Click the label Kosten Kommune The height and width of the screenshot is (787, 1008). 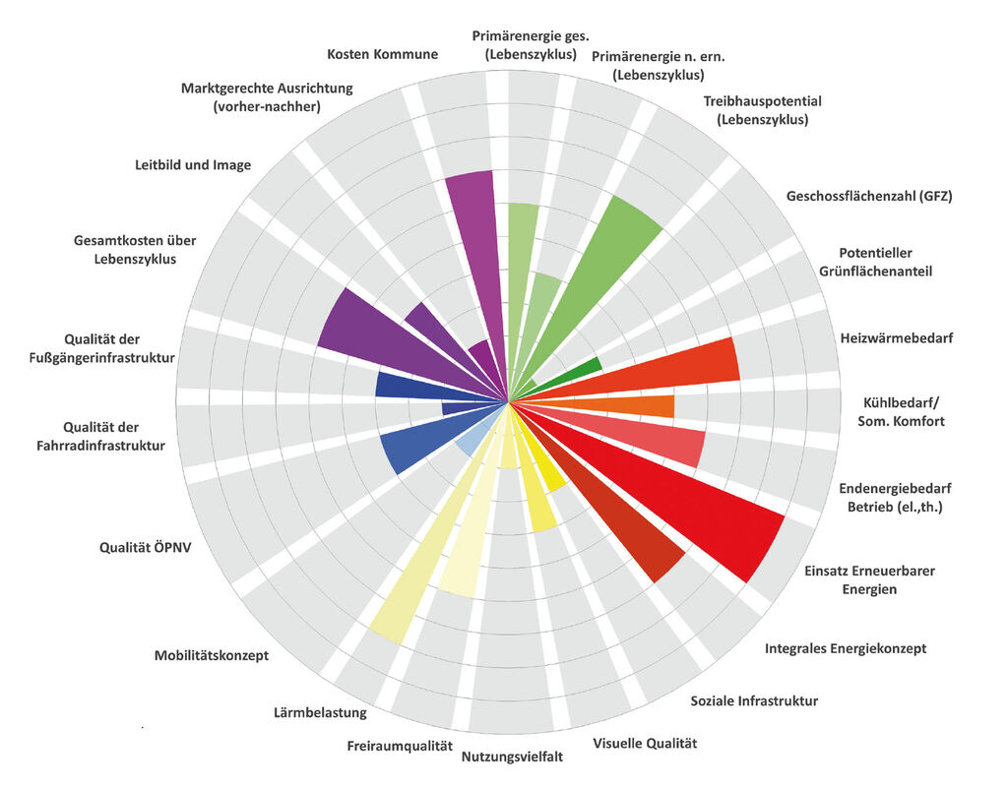(382, 54)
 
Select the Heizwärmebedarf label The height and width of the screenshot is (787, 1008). (896, 338)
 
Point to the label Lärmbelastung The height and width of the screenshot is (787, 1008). (320, 712)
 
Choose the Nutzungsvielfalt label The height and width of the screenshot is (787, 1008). (512, 757)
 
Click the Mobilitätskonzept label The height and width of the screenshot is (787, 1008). (212, 655)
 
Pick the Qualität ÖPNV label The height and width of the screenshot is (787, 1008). (145, 548)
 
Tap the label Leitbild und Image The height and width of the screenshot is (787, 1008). (193, 164)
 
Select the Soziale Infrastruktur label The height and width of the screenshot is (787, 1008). (754, 701)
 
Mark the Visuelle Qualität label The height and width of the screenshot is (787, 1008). (645, 744)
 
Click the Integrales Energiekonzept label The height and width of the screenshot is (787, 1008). (846, 648)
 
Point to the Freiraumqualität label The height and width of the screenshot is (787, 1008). (400, 746)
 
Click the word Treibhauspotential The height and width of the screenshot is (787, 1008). (763, 101)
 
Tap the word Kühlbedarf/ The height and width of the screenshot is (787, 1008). (902, 403)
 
